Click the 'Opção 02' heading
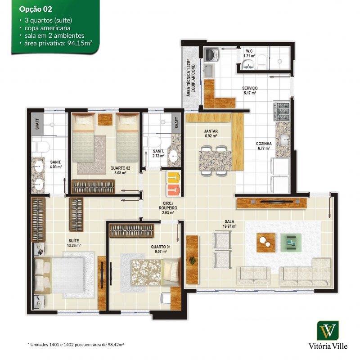(36, 9)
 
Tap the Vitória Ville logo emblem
(328, 331)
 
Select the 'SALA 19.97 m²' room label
(229, 224)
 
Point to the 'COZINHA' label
(264, 144)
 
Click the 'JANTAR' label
(211, 131)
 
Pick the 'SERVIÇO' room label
(250, 88)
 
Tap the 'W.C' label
(249, 51)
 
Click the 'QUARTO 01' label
(161, 247)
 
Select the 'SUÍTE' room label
(74, 241)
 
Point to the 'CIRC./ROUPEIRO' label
(168, 206)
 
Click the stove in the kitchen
(282, 112)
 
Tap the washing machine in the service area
(211, 55)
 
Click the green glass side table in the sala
(291, 243)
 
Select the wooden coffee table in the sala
(266, 243)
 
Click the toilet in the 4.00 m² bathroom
(40, 147)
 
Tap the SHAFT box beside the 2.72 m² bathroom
(176, 123)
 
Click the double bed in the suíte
(59, 275)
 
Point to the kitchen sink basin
(285, 139)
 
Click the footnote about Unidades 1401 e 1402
(76, 344)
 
